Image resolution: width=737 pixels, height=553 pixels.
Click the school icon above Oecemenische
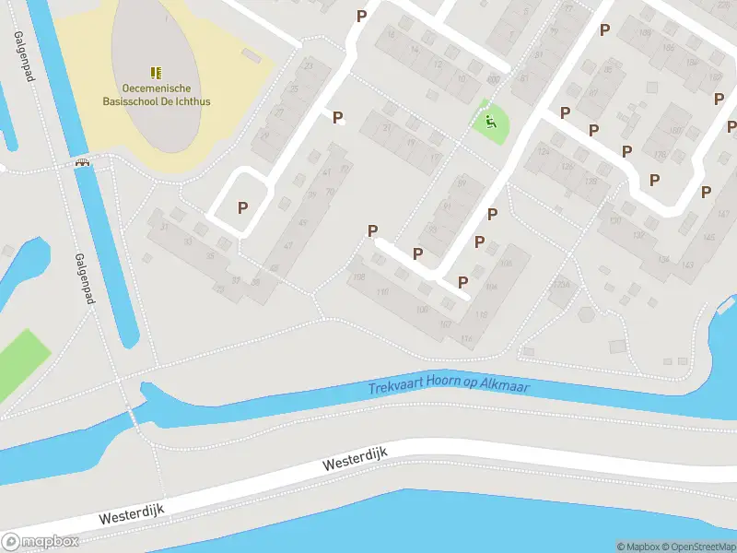point(156,72)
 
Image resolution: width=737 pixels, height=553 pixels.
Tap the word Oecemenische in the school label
point(156,87)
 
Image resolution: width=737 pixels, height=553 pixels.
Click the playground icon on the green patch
point(491,120)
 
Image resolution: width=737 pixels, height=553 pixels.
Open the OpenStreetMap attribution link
point(696,547)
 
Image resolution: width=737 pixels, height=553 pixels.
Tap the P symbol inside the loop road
point(242,207)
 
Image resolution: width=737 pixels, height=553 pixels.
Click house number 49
point(301,222)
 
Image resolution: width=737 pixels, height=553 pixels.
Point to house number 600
point(493,80)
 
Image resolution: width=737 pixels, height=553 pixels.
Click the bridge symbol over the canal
point(84,164)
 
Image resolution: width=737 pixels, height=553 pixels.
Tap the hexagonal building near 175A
point(585,312)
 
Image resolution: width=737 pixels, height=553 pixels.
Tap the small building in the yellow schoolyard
point(251,55)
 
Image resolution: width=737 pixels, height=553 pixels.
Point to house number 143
point(686,265)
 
